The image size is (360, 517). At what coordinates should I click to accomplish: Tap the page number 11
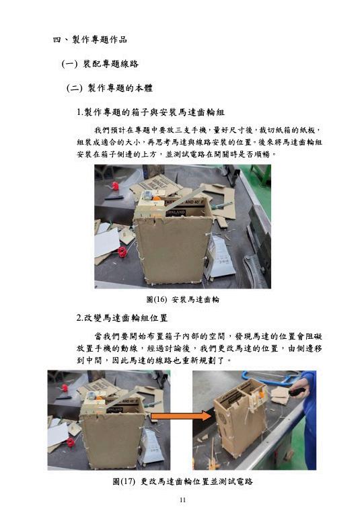(182, 500)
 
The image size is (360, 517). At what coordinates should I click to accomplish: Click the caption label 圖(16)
(157, 299)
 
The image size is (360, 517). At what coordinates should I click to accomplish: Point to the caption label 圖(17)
(124, 481)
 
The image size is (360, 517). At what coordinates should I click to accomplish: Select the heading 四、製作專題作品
(89, 40)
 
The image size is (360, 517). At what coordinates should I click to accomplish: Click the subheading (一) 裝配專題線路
(100, 64)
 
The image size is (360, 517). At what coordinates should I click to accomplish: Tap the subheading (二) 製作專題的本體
(109, 88)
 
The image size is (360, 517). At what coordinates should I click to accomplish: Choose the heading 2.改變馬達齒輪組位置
(122, 318)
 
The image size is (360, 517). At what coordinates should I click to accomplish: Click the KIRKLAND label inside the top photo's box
(176, 212)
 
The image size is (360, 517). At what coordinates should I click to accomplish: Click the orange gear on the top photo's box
(156, 199)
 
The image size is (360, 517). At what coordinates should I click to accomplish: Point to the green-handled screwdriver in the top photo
(222, 206)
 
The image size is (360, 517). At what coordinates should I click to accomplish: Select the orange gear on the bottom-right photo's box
(262, 395)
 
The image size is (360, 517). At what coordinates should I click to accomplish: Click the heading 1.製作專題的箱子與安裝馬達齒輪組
(151, 112)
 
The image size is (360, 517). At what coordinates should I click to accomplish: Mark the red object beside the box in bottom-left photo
(70, 442)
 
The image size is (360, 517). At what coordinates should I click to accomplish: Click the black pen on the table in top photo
(114, 198)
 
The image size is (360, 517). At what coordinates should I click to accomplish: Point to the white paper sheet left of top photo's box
(106, 242)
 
